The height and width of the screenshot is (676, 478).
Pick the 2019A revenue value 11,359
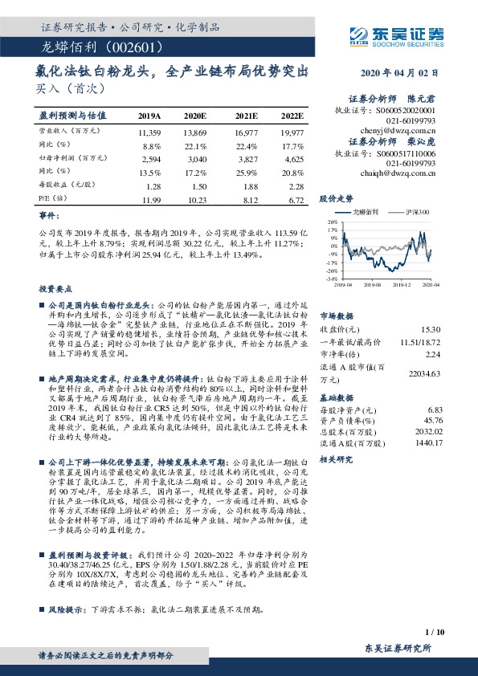[150, 131]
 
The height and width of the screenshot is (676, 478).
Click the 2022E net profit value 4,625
[293, 161]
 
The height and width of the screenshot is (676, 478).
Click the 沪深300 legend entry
[418, 212]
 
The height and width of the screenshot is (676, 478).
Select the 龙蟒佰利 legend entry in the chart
[366, 212]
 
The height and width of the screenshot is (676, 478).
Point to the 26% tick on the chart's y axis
[330, 221]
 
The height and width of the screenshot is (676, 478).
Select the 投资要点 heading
[51, 288]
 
